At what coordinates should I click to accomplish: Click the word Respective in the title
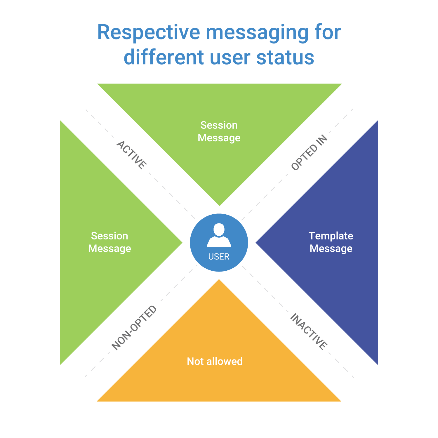(149, 32)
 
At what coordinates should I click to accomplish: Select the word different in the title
(164, 57)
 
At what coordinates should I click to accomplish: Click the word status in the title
(285, 58)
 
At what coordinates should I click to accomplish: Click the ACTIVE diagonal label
(132, 155)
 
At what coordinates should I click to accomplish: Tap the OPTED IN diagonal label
(309, 152)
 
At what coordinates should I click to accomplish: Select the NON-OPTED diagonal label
(134, 327)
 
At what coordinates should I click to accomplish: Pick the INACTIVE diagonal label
(309, 331)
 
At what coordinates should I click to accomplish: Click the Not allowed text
(215, 361)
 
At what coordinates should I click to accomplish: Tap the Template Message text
(331, 242)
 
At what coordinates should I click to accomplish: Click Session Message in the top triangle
(219, 131)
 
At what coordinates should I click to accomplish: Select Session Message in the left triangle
(109, 242)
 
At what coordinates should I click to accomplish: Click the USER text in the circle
(219, 257)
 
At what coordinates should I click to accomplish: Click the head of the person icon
(219, 230)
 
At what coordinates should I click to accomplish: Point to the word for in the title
(328, 32)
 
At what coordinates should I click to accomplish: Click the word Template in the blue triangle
(331, 236)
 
